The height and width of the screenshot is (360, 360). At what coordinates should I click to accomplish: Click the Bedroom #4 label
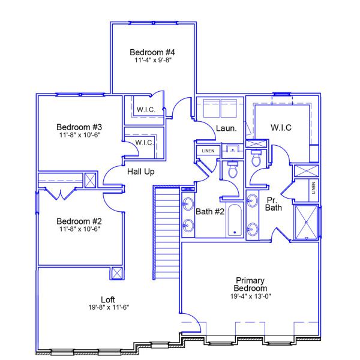[x=152, y=52]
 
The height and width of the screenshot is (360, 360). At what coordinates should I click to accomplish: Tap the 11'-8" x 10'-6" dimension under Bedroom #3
[x=79, y=135]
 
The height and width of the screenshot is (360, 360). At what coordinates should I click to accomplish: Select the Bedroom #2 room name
[x=79, y=220]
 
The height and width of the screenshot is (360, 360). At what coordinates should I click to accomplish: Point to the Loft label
[x=108, y=299]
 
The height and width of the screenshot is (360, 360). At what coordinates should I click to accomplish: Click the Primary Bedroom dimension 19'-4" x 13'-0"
[x=250, y=296]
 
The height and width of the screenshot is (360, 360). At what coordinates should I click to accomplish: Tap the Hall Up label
[x=142, y=172]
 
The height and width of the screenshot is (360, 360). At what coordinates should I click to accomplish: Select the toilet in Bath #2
[x=232, y=169]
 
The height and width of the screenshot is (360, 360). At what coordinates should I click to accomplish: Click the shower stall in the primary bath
[x=307, y=222]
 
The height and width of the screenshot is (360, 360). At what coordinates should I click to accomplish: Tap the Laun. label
[x=226, y=128]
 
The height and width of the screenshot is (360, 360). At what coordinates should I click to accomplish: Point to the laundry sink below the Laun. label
[x=232, y=150]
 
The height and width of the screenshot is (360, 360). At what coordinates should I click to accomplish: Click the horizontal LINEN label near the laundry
[x=208, y=151]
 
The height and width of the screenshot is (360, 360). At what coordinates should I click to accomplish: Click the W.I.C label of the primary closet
[x=281, y=127]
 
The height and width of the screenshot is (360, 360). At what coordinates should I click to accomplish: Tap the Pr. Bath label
[x=274, y=204]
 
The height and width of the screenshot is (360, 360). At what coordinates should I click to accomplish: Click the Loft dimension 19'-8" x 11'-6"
[x=108, y=307]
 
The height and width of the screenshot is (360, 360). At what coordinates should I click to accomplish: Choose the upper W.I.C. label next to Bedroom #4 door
[x=146, y=109]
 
